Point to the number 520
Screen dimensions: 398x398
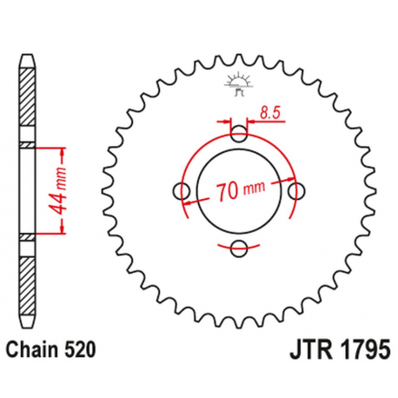[x=74, y=349]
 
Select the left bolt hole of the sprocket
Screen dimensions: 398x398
[x=182, y=190]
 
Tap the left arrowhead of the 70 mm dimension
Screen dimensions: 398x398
[x=189, y=202]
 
